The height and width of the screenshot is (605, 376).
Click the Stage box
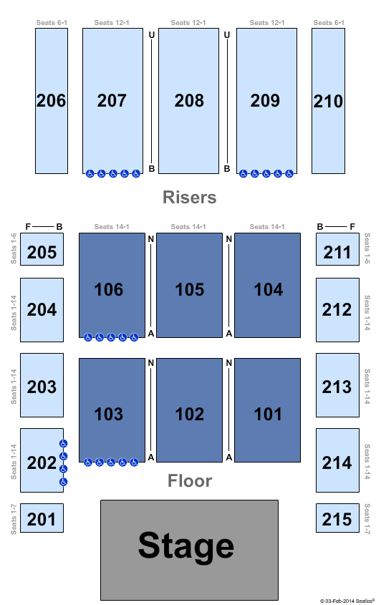189,550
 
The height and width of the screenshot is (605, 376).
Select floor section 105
189,285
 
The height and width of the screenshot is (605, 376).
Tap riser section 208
189,101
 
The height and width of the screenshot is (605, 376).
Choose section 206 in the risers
52,101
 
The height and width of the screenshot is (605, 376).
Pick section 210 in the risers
328,101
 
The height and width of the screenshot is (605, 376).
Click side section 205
42,249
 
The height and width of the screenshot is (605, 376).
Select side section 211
337,249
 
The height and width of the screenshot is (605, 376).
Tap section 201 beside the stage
42,518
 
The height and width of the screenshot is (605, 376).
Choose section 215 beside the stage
337,518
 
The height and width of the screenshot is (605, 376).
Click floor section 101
268,410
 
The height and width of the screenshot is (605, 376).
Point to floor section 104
268,285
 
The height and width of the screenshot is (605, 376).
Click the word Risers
190,197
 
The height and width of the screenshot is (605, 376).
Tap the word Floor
190,480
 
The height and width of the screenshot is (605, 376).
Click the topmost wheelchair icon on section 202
63,444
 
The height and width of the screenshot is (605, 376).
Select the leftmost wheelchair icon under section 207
90,174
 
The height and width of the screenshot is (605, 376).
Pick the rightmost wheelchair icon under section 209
289,174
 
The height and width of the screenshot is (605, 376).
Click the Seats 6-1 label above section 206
52,23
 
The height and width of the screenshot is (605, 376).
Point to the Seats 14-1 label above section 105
188,227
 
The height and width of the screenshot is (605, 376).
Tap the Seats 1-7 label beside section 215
367,518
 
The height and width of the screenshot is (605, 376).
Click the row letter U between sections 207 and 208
152,35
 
